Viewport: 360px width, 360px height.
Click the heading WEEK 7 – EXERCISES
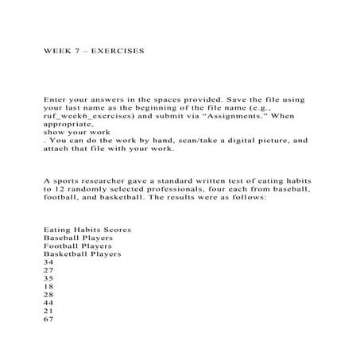(93, 49)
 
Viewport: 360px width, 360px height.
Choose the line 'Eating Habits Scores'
(87, 230)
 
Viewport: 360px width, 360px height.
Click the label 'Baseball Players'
(78, 238)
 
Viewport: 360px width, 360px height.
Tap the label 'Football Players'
(78, 246)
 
